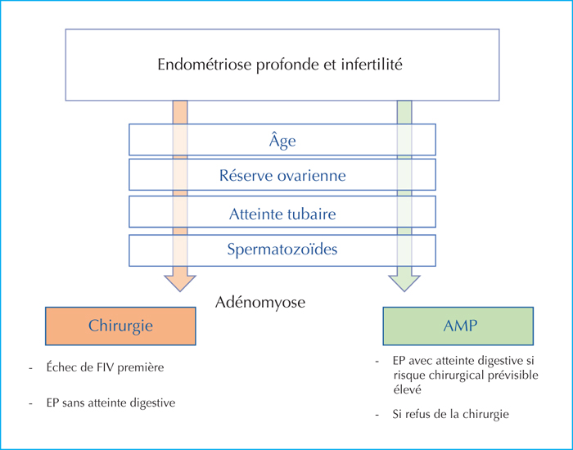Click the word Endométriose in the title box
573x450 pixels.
click(x=205, y=65)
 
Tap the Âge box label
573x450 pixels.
click(x=282, y=140)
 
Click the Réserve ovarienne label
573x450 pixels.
click(x=282, y=175)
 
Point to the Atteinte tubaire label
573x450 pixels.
click(x=282, y=214)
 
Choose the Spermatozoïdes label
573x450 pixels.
click(x=282, y=250)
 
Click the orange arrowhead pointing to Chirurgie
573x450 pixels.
click(x=180, y=283)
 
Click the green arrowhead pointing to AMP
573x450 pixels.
click(x=404, y=283)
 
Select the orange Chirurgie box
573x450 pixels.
click(x=120, y=326)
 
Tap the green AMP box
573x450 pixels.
click(x=458, y=326)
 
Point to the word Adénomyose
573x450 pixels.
click(x=260, y=303)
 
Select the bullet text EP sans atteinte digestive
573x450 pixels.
click(x=111, y=403)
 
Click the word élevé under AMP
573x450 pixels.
click(x=408, y=389)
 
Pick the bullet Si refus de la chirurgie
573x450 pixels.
click(x=450, y=414)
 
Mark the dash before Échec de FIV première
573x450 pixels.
click(x=31, y=368)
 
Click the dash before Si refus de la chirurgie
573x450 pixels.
click(x=377, y=416)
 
